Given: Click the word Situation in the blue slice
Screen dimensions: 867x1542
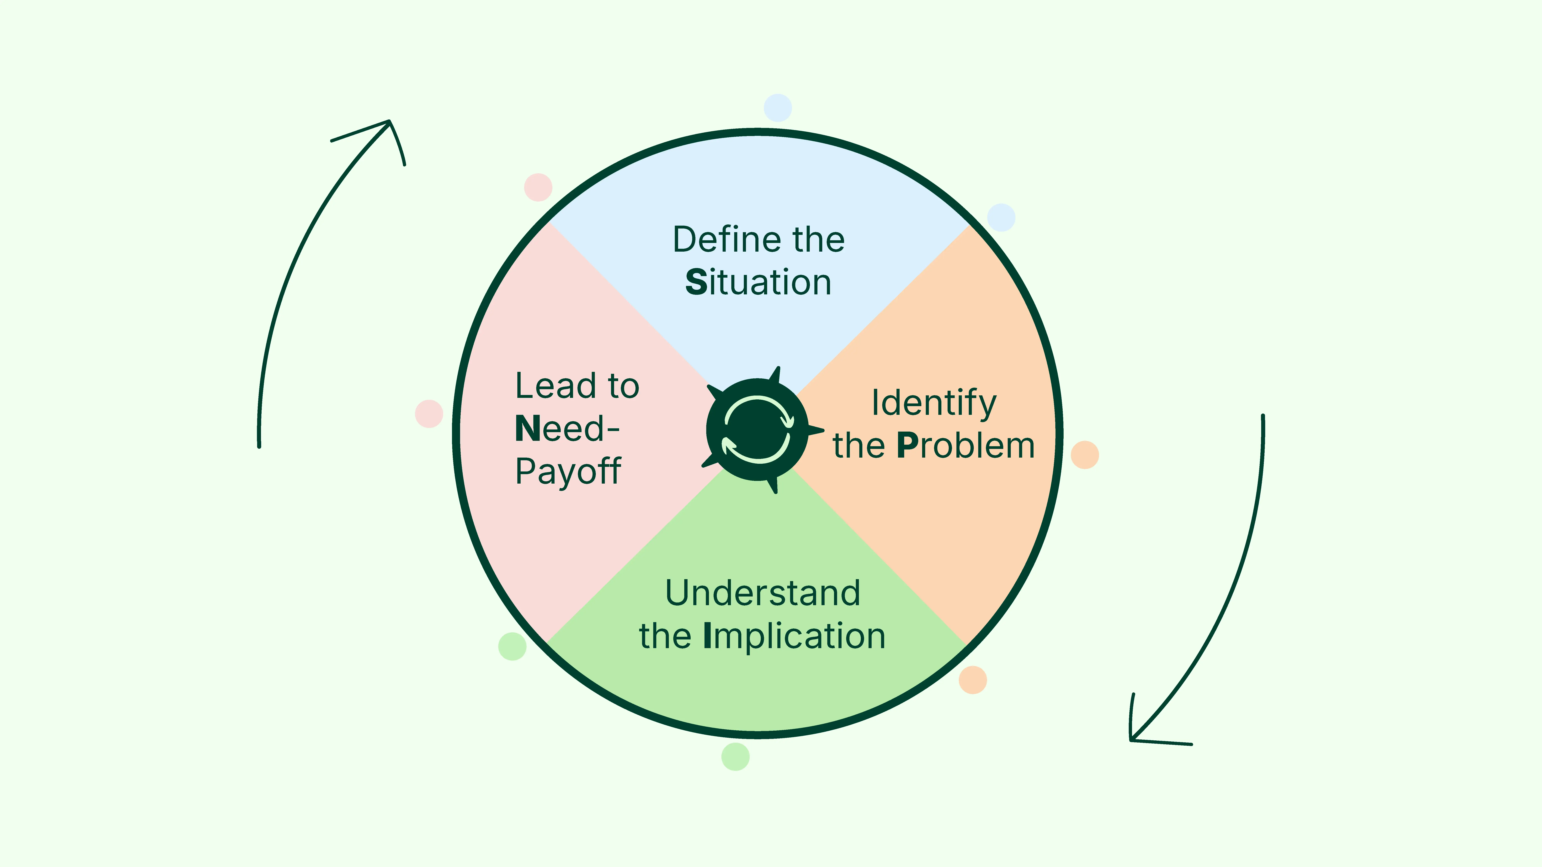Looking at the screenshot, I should click(x=758, y=282).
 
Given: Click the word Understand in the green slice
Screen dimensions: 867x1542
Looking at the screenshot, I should click(x=763, y=593).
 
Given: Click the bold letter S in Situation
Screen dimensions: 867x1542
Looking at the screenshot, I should click(x=696, y=282).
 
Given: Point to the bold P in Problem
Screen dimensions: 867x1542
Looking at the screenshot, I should click(x=907, y=446).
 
